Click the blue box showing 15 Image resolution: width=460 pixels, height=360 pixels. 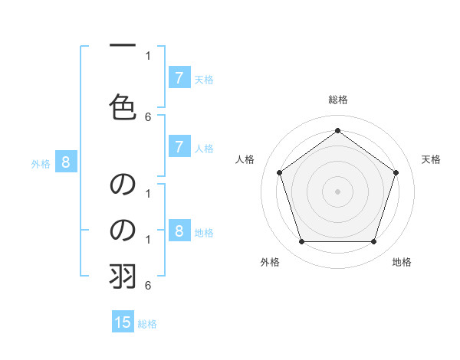click(x=123, y=322)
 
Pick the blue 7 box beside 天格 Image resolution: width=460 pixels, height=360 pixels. click(x=179, y=77)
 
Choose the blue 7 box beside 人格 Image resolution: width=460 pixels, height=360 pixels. click(x=179, y=147)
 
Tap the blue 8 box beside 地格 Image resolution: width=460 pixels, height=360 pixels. click(x=179, y=231)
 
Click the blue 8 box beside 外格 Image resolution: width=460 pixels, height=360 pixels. click(x=66, y=162)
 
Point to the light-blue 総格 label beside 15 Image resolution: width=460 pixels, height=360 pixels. click(x=147, y=324)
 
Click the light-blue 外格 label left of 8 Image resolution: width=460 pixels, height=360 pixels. click(x=41, y=163)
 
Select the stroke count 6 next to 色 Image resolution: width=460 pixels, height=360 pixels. click(x=148, y=116)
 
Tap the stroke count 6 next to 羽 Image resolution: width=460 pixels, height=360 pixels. click(x=148, y=285)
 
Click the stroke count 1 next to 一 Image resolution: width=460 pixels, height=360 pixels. click(x=148, y=55)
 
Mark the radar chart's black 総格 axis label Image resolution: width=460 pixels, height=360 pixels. click(x=337, y=100)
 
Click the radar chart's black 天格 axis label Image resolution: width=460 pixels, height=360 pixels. click(x=431, y=159)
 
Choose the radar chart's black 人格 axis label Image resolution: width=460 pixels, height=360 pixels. click(x=245, y=159)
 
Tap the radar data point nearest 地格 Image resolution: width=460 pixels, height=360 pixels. click(x=373, y=241)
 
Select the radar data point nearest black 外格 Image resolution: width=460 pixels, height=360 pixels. click(x=301, y=241)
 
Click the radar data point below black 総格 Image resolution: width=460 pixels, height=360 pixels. click(x=337, y=130)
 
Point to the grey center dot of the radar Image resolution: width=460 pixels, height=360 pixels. click(x=337, y=191)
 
